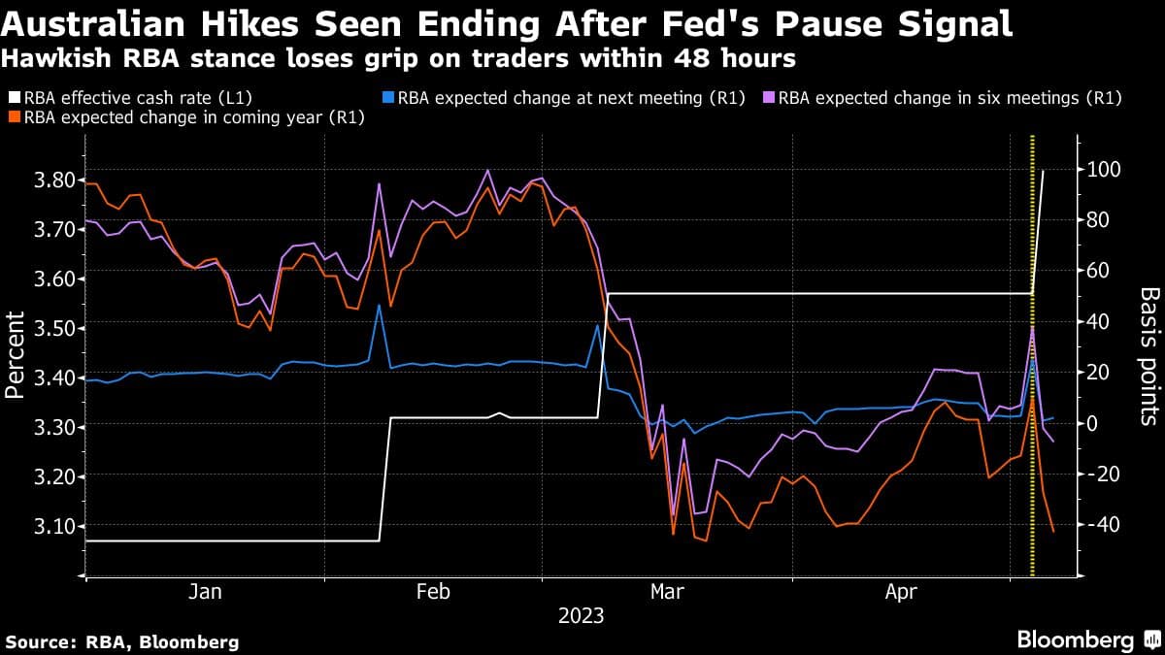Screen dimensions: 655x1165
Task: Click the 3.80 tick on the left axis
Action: coord(39,180)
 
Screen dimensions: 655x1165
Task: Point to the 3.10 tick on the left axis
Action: coord(39,526)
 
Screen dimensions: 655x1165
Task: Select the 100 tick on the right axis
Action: coord(1104,170)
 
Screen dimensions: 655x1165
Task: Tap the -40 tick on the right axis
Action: coord(1104,525)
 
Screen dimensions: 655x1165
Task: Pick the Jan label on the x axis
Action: coord(205,592)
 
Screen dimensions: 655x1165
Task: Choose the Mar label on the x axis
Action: coord(666,592)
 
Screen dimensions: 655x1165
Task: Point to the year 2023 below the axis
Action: coord(581,616)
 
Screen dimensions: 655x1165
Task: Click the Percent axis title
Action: coord(16,354)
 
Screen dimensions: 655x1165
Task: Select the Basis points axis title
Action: coord(1148,355)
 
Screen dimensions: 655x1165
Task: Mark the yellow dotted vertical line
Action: coord(1032,388)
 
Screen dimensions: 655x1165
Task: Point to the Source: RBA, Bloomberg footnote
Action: coord(122,641)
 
